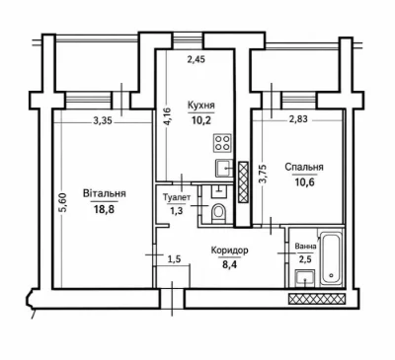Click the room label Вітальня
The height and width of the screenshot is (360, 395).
click(105, 193)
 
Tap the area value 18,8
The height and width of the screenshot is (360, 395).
click(104, 209)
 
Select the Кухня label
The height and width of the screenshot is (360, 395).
click(201, 106)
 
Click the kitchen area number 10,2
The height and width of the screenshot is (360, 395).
click(201, 119)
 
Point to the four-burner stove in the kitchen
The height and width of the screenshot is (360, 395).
click(222, 143)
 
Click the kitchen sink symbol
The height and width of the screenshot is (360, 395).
click(224, 169)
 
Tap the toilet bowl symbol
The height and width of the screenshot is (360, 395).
click(218, 213)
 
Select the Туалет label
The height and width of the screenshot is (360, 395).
click(177, 197)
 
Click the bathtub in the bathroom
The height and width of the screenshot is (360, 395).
click(331, 259)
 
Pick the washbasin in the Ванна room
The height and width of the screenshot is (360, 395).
click(305, 279)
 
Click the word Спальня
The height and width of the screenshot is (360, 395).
click(304, 167)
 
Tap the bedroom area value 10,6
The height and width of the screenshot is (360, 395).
click(304, 181)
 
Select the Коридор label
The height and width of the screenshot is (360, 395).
click(230, 251)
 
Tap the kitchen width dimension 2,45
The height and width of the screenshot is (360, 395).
click(196, 59)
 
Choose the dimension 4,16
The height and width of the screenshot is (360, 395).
click(168, 116)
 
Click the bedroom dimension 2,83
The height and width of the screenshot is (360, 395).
click(298, 119)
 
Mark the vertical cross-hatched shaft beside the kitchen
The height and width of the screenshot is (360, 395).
click(243, 181)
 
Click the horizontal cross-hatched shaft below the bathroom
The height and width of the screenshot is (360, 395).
click(317, 299)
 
